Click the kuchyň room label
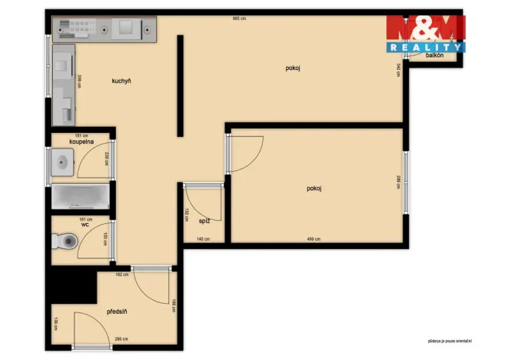coord(121,81)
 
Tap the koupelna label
coord(81,142)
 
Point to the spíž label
coord(204,221)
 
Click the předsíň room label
coord(117,312)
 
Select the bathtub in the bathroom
coord(80,197)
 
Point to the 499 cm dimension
coord(314,239)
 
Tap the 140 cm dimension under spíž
coord(202,239)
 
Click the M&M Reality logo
coord(425,35)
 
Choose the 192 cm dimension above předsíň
coord(121,274)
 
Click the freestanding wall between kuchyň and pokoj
coord(180,85)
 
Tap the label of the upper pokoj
coord(292,68)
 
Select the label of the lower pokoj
coord(314,188)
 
